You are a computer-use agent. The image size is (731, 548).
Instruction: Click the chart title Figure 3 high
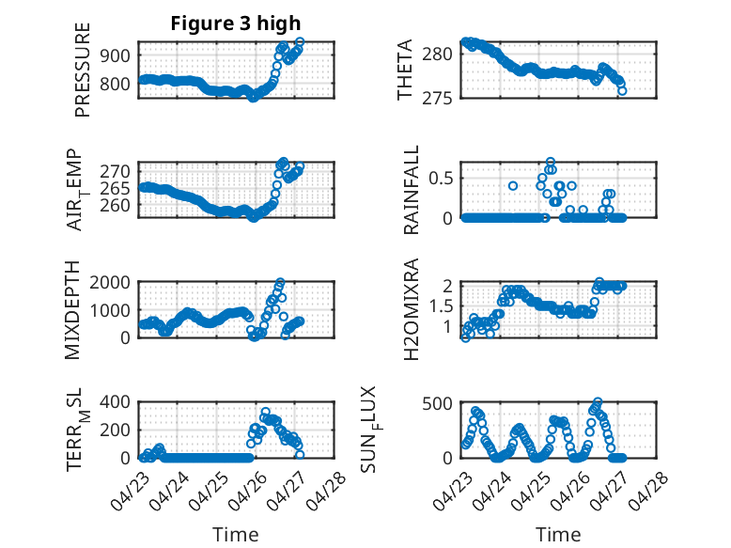click(236, 23)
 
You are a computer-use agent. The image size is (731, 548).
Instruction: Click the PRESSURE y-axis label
click(82, 70)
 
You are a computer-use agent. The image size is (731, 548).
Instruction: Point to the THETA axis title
click(405, 70)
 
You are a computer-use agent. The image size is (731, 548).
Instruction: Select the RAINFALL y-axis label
click(412, 190)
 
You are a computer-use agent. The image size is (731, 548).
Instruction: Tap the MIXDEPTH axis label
click(72, 310)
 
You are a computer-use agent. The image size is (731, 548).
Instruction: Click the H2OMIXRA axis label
click(412, 309)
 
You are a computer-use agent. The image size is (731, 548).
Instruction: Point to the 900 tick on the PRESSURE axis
click(116, 55)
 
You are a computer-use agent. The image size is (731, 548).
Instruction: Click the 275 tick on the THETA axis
click(437, 99)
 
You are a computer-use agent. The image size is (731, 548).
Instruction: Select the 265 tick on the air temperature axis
click(116, 189)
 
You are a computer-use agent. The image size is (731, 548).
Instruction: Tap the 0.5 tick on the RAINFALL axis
click(441, 179)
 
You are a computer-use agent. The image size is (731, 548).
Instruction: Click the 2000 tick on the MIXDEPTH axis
click(110, 282)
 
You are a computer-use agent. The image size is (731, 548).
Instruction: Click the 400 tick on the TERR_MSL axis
click(116, 401)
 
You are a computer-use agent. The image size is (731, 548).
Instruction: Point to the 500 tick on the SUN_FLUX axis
click(437, 403)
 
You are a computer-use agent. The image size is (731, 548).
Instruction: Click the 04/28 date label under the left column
click(327, 491)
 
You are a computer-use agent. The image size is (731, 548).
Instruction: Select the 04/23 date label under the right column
click(451, 491)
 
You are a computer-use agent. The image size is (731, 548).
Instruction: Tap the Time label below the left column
click(236, 535)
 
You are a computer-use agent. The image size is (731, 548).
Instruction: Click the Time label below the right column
click(558, 535)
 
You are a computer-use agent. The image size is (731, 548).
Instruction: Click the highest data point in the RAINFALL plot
click(551, 162)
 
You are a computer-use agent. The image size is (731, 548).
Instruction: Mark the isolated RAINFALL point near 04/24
click(513, 185)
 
